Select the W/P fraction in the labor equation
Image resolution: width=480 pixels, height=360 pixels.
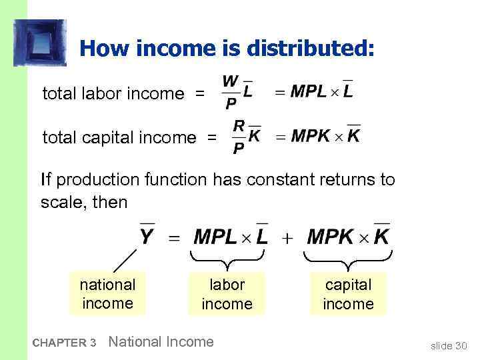click(229, 93)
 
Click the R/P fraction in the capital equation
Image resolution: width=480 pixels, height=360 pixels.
click(238, 137)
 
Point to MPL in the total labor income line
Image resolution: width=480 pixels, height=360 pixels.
click(309, 91)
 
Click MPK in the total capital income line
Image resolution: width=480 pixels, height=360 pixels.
click(310, 135)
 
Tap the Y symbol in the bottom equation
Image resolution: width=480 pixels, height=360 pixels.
click(147, 236)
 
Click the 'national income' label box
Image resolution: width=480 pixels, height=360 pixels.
click(107, 294)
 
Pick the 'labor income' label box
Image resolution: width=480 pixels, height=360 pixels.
click(227, 294)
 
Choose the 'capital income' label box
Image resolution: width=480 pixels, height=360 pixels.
click(348, 294)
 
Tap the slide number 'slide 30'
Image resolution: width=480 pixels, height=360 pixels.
click(449, 345)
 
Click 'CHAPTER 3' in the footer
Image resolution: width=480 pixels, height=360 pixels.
click(64, 343)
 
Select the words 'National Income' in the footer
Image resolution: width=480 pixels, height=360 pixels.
click(161, 342)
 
